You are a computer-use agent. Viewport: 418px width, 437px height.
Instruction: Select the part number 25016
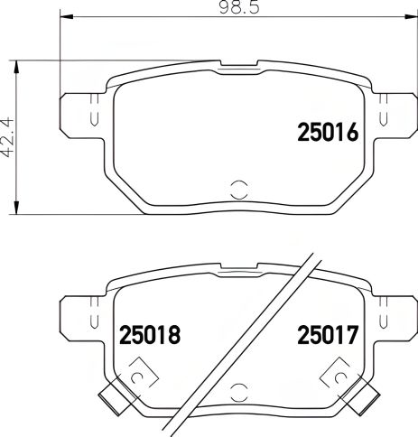(x=329, y=134)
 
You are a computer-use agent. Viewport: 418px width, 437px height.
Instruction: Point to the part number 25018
(x=150, y=335)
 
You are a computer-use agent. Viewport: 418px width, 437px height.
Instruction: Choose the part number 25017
(x=329, y=335)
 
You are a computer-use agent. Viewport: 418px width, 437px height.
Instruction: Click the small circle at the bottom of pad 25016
(x=239, y=189)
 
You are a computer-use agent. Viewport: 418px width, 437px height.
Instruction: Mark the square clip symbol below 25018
(x=139, y=372)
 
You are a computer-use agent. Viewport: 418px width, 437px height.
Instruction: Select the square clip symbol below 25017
(x=340, y=372)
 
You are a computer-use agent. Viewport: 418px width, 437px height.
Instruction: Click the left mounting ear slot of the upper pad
(x=93, y=116)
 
